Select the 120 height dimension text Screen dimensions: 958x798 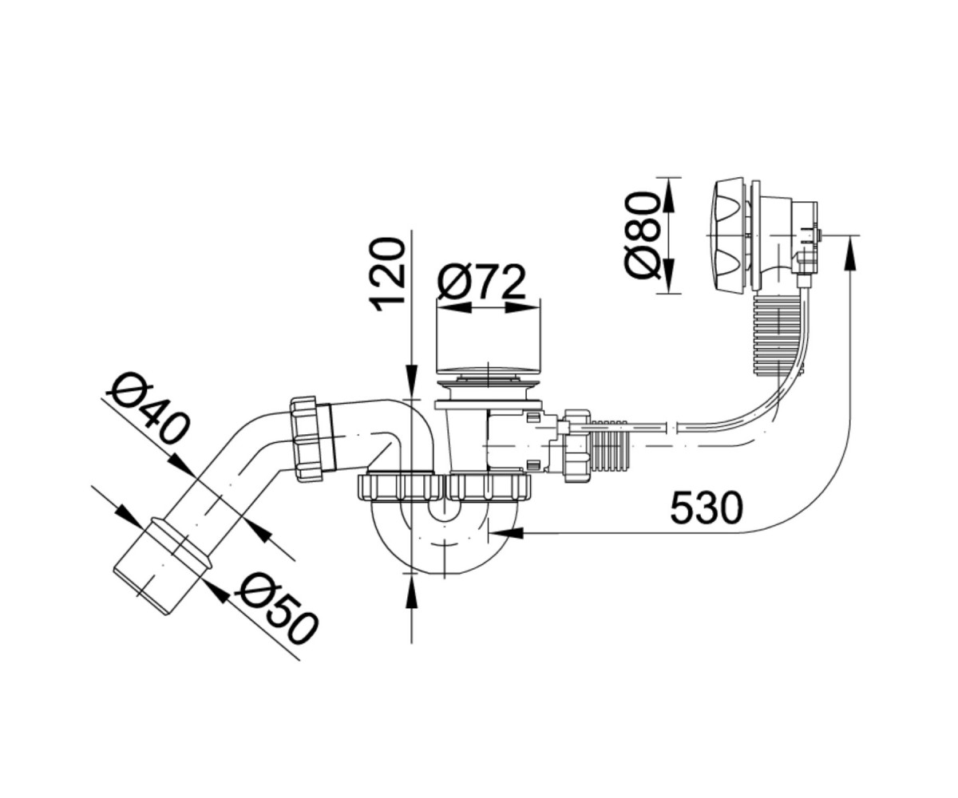click(388, 275)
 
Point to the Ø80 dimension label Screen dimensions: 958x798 click(643, 235)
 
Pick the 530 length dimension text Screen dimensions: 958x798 click(706, 508)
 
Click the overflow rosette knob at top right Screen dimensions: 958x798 click(729, 235)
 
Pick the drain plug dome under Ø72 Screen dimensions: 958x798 click(487, 368)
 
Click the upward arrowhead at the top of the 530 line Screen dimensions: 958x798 click(850, 253)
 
